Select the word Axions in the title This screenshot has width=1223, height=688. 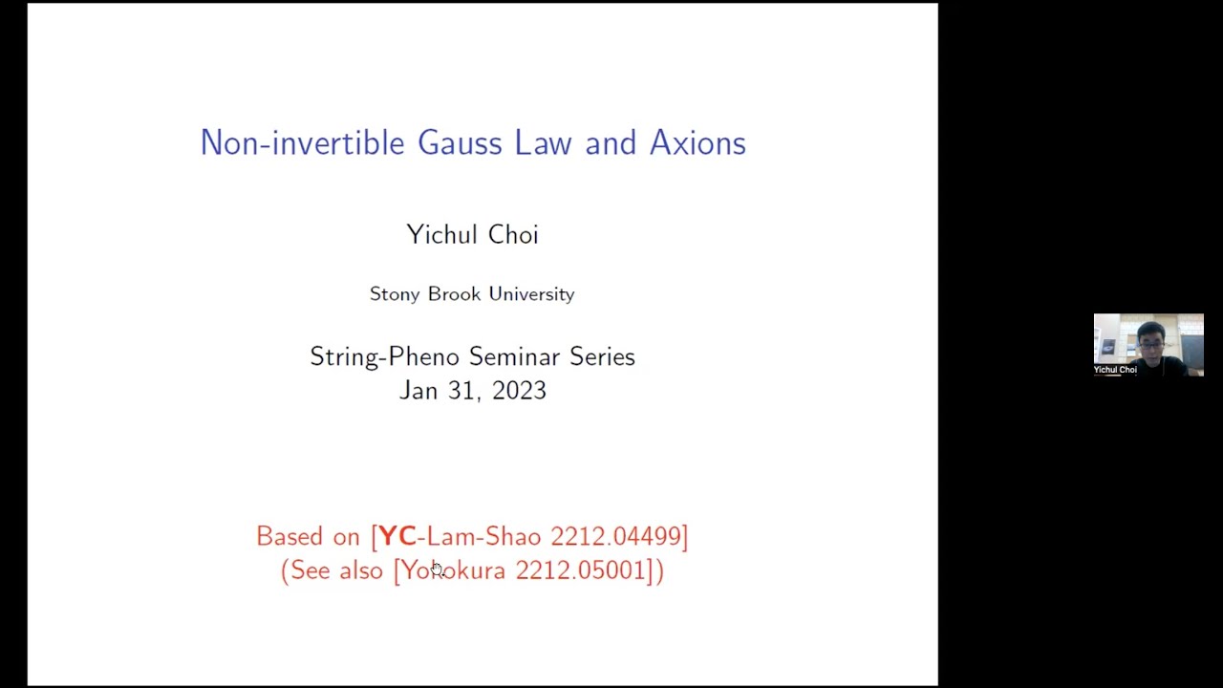[x=697, y=143]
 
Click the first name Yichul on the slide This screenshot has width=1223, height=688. [x=439, y=235]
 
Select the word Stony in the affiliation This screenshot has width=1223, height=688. [x=394, y=294]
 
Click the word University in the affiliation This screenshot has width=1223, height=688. [x=531, y=294]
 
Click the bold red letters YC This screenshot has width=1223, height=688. [x=397, y=536]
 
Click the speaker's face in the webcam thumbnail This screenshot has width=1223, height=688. [x=1150, y=338]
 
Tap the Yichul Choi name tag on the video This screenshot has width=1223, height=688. [x=1115, y=370]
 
